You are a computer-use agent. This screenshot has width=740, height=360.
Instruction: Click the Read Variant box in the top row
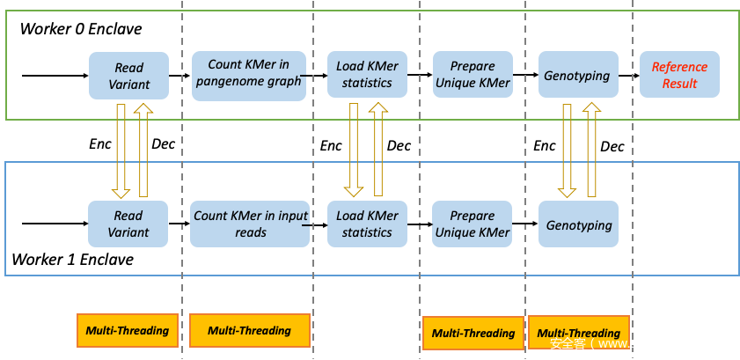click(128, 76)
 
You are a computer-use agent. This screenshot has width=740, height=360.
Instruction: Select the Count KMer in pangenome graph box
click(249, 75)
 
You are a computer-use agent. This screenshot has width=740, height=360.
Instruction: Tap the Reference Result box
click(679, 75)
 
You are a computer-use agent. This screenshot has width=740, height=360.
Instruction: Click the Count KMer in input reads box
click(251, 224)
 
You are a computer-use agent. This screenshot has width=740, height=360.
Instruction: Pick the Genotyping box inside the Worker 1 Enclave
click(578, 224)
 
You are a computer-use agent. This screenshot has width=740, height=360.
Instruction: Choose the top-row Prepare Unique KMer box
click(473, 75)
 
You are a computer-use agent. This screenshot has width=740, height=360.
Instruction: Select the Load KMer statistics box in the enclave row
click(367, 224)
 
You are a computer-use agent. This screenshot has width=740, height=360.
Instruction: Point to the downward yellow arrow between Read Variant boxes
click(121, 150)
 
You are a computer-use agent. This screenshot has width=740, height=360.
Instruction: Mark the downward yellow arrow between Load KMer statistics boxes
click(354, 150)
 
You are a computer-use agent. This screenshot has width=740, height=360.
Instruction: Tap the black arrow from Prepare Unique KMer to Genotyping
click(525, 224)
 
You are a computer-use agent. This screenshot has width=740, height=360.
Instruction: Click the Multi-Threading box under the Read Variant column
click(127, 331)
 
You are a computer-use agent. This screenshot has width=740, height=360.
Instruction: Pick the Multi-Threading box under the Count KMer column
click(250, 331)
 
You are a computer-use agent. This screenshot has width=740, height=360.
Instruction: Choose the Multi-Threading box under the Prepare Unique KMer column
click(473, 333)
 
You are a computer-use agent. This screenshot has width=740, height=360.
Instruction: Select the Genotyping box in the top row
click(576, 76)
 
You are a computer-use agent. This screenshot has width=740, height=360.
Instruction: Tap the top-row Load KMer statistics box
click(367, 75)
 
